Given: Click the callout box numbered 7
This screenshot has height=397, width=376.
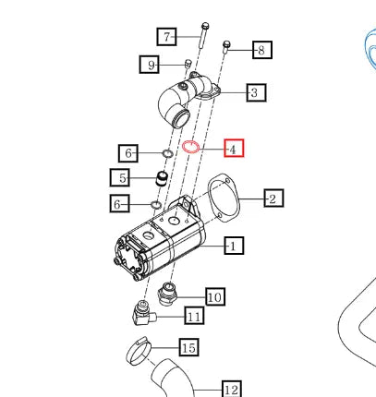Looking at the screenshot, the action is pos(166,37).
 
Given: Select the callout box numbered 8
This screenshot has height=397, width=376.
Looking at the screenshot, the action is pos(262,50).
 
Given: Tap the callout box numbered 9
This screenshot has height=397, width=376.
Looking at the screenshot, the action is pos(150,65).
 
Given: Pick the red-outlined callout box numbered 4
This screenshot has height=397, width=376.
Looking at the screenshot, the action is pos(234,148).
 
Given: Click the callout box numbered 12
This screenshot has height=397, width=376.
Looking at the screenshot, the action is pos(232,389).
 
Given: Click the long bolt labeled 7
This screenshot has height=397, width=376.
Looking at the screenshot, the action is pos(203,35).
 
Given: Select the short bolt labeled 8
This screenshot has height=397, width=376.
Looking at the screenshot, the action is pos(226,47).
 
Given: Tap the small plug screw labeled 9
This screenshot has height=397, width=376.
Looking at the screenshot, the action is pos(188,63).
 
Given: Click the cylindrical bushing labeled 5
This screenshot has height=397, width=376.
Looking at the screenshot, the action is pos(161,178).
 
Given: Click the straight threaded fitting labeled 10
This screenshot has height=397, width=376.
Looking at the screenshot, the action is pos(166,294).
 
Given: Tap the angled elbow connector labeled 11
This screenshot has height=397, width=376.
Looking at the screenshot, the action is pos(143,314).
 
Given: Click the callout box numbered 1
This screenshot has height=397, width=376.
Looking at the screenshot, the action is pos(234,246).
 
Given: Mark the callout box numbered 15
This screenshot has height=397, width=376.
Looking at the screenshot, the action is pos(188,347).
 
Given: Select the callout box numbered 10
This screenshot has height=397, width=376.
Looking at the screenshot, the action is pos(215,296).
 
